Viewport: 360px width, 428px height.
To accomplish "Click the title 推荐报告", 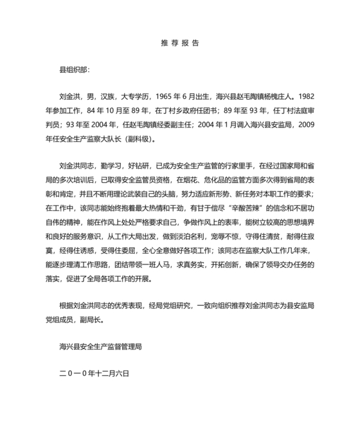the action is (x=179, y=43).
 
